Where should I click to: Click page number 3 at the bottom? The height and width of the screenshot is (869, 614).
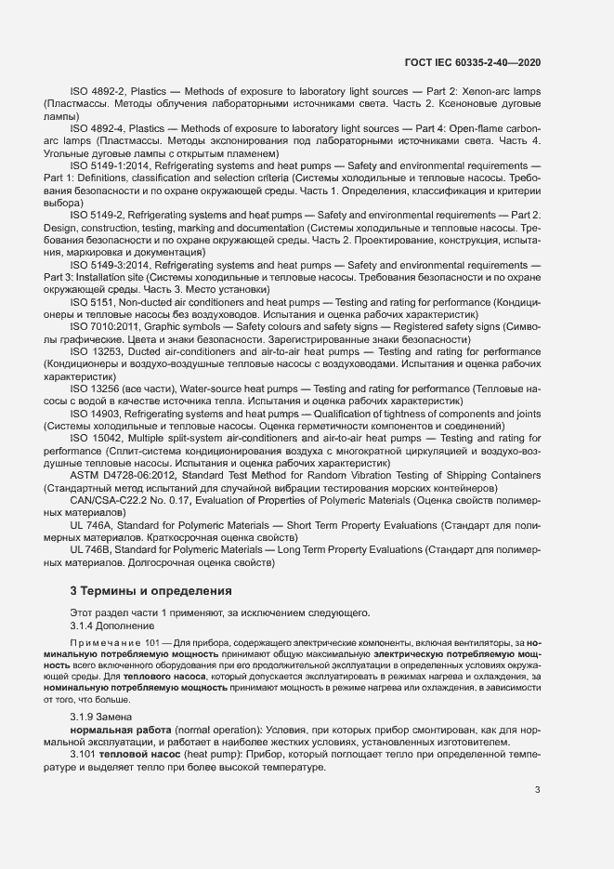click(x=537, y=791)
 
